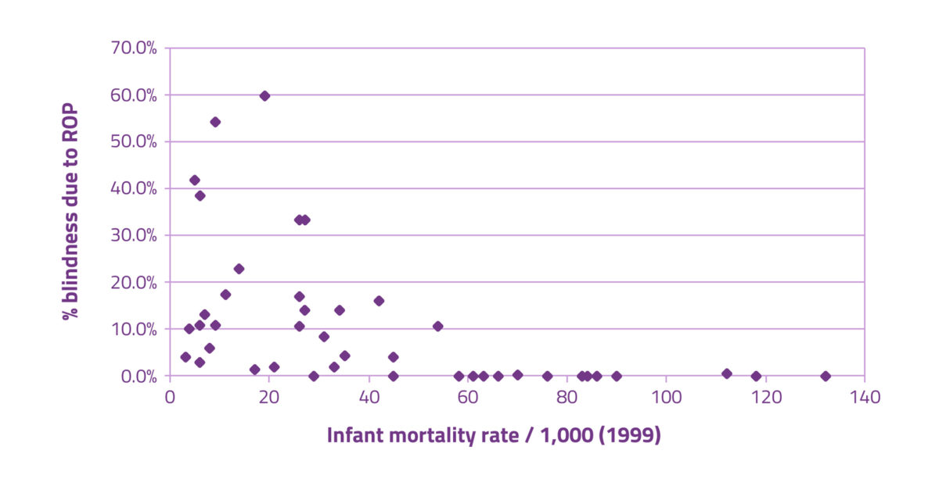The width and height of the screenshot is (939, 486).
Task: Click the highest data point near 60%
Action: tap(264, 96)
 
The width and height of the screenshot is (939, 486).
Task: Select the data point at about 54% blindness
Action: tap(215, 122)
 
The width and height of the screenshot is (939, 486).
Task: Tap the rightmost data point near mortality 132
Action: tap(825, 376)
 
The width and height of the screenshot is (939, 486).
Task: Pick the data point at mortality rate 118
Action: tap(756, 376)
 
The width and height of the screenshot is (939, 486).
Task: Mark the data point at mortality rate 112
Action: tap(726, 373)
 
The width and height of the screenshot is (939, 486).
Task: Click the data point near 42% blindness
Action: tap(195, 180)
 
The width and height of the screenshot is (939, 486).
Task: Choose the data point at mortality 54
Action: tap(437, 326)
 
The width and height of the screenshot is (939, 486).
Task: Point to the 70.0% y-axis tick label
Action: tap(135, 48)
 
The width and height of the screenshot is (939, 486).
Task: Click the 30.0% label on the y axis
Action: tap(135, 235)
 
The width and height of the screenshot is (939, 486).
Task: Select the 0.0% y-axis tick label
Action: tap(139, 376)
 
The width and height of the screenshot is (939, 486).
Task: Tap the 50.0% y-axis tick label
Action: tap(135, 141)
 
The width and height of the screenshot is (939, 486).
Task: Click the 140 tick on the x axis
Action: tap(865, 397)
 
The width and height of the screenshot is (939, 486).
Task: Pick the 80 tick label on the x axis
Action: tap(567, 397)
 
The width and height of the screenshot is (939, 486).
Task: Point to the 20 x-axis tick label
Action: tap(269, 397)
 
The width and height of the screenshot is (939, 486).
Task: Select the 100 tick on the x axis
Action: tap(666, 397)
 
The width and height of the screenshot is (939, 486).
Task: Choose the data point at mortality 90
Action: tap(617, 376)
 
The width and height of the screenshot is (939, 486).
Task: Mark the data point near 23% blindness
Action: tap(239, 269)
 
